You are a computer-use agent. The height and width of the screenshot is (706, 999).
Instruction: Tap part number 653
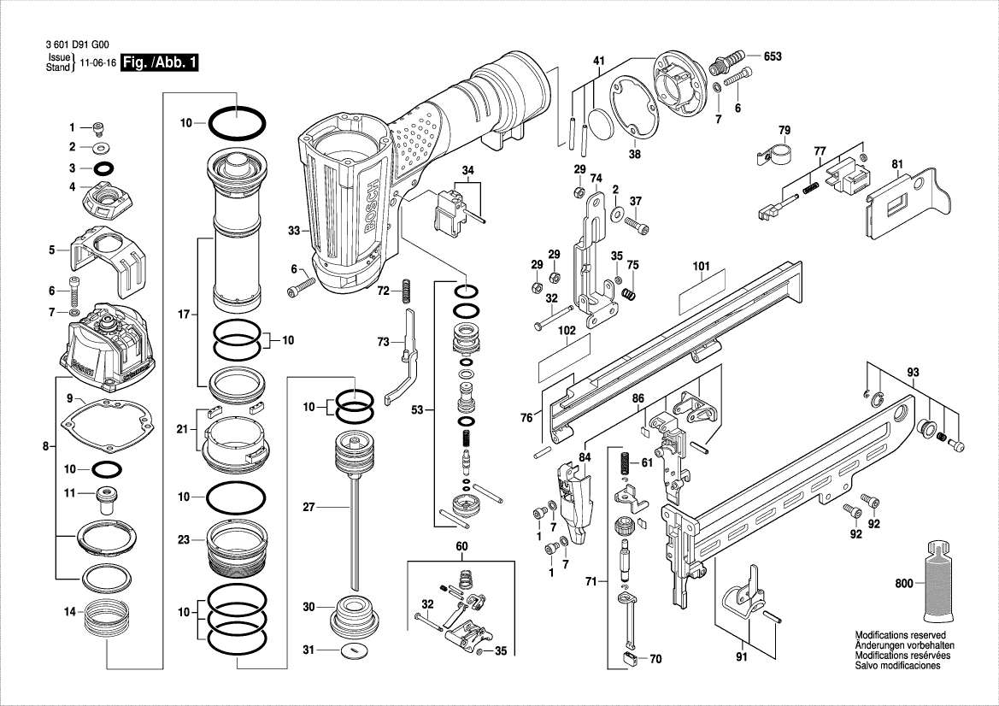click(x=773, y=56)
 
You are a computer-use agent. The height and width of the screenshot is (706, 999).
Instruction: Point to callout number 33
click(x=293, y=231)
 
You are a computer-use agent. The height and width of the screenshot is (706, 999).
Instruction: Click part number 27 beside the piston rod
click(x=309, y=507)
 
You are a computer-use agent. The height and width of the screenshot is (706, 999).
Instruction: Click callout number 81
click(x=896, y=163)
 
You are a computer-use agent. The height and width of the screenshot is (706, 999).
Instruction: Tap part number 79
click(x=784, y=130)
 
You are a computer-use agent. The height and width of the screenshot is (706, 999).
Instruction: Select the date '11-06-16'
click(x=97, y=63)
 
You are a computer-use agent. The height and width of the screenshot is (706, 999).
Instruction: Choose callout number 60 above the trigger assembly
click(x=461, y=546)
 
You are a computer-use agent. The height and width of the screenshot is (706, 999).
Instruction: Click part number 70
click(x=655, y=659)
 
